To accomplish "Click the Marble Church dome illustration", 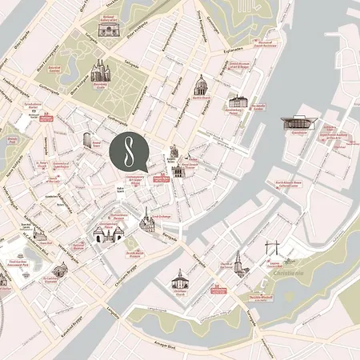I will coord(202,87).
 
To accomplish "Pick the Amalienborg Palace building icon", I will coord(238,102).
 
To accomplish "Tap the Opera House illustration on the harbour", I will coord(300,123).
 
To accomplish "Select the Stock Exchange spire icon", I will coord(147,219).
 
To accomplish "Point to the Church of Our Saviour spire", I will coord(238,261).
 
